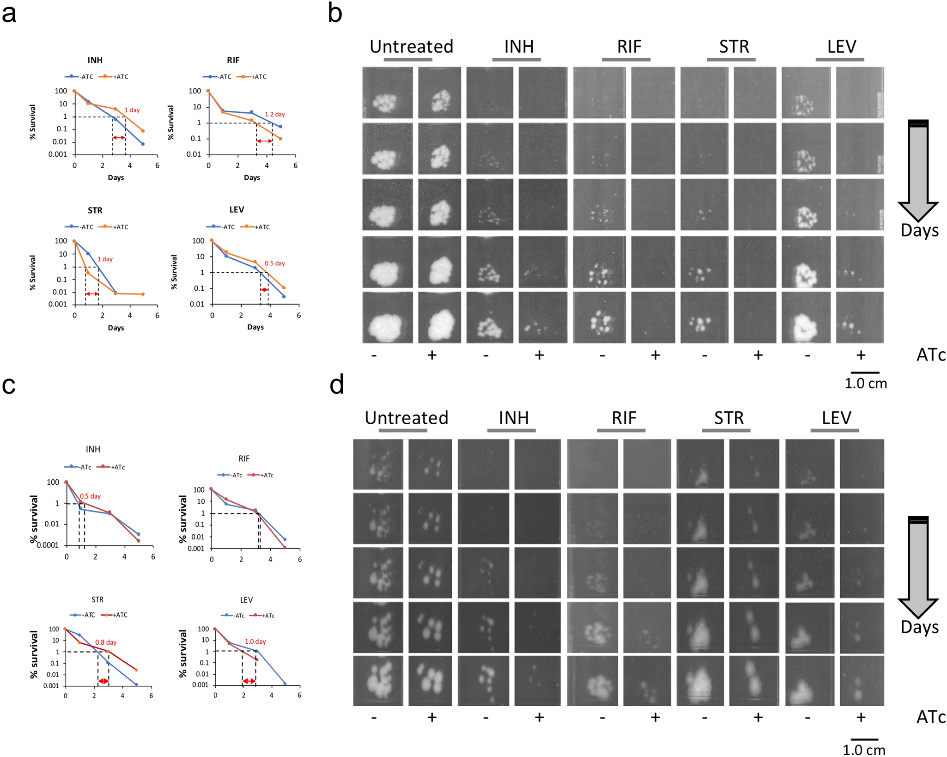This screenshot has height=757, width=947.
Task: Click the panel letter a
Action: [x=9, y=14]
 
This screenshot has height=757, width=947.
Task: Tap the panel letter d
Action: [x=337, y=385]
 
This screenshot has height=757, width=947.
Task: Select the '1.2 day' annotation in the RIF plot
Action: [x=274, y=114]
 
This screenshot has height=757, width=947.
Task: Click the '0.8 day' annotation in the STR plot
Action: [x=106, y=642]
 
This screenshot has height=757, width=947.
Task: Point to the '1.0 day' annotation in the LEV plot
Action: [x=255, y=641]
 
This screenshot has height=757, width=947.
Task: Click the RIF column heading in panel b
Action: [x=629, y=47]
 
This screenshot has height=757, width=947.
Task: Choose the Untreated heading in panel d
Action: [x=406, y=418]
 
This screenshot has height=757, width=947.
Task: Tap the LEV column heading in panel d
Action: [x=836, y=418]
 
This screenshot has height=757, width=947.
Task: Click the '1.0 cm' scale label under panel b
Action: [x=865, y=384]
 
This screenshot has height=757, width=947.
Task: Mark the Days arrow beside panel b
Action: [x=918, y=171]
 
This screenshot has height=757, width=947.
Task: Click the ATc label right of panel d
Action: [x=931, y=717]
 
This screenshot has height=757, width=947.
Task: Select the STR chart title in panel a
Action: [x=95, y=211]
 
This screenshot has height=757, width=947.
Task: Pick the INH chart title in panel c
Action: [x=93, y=449]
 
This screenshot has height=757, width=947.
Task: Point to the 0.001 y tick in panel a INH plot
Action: [x=58, y=154]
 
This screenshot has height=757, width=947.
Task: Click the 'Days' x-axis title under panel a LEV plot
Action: [x=255, y=327]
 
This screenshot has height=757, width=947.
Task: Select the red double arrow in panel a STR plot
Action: [x=92, y=294]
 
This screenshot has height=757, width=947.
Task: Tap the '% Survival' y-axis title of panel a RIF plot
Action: [x=171, y=122]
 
